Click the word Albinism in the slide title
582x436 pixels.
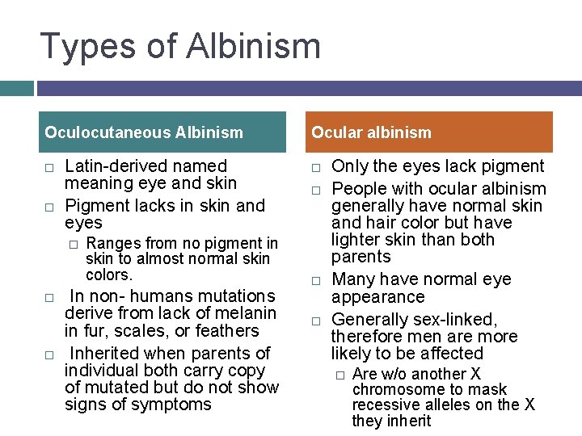pyautogui.click(x=254, y=46)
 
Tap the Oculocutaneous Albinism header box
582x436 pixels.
pyautogui.click(x=162, y=132)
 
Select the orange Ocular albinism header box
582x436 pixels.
pyautogui.click(x=429, y=132)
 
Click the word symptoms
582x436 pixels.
pyautogui.click(x=172, y=404)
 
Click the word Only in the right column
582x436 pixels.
pyautogui.click(x=349, y=166)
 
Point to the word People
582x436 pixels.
pyautogui.click(x=359, y=189)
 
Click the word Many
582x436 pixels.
pyautogui.click(x=352, y=279)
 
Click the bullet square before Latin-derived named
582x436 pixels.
pyautogui.click(x=48, y=167)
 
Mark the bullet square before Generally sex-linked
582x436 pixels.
pyautogui.click(x=317, y=320)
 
